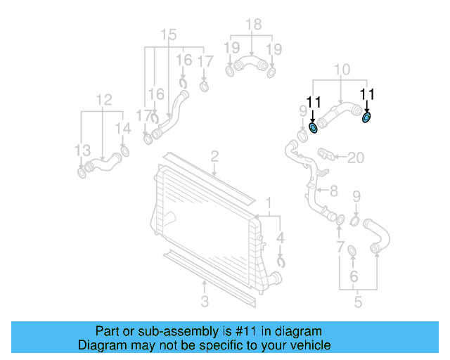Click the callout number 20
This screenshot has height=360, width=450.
(356, 157)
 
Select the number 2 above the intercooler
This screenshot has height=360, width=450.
(214, 155)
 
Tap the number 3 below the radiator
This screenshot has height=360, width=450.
(205, 302)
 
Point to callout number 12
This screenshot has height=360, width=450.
(104, 100)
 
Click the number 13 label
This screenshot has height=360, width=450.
(83, 150)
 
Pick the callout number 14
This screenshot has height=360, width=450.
(123, 129)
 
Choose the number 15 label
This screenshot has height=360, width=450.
(169, 35)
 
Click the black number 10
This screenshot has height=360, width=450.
(342, 69)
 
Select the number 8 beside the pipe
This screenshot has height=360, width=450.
(333, 191)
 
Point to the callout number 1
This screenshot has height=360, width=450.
(268, 205)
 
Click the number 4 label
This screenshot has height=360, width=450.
(281, 238)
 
